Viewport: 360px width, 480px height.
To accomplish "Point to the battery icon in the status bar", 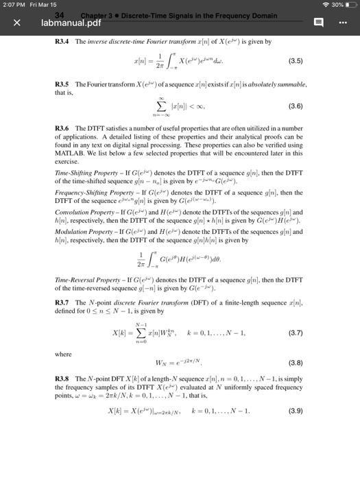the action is (x=347, y=6).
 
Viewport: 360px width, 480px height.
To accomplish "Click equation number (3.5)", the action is (x=304, y=68).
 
